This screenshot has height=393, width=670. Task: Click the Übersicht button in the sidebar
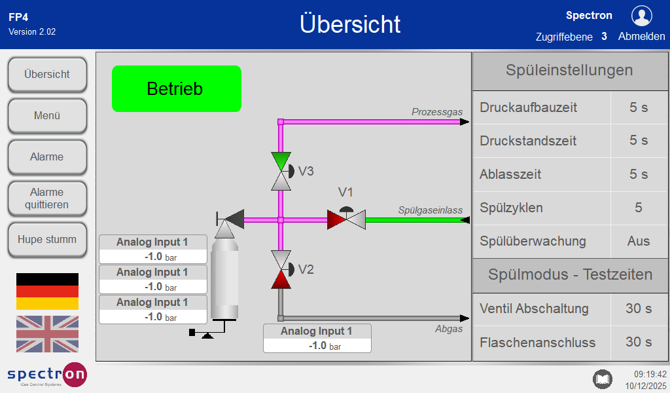pyautogui.click(x=47, y=75)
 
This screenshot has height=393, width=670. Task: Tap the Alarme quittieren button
pyautogui.click(x=47, y=198)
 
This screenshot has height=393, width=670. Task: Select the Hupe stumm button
pyautogui.click(x=47, y=240)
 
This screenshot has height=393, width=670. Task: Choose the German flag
pyautogui.click(x=47, y=291)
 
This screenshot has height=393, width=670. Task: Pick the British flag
pyautogui.click(x=47, y=334)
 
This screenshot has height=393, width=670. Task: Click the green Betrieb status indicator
pyautogui.click(x=177, y=88)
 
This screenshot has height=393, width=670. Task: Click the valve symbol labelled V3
pyautogui.click(x=281, y=171)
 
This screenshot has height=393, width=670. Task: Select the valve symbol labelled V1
pyautogui.click(x=346, y=219)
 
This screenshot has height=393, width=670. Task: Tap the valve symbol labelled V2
pyautogui.click(x=281, y=269)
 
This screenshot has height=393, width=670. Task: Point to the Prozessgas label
pyautogui.click(x=437, y=112)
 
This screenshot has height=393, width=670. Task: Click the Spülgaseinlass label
pyautogui.click(x=431, y=210)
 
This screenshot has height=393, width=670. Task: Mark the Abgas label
pyautogui.click(x=449, y=329)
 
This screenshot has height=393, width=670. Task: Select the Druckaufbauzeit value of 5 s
pyautogui.click(x=639, y=107)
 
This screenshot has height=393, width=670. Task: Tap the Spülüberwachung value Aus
pyautogui.click(x=639, y=241)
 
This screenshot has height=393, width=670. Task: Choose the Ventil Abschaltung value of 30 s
pyautogui.click(x=639, y=309)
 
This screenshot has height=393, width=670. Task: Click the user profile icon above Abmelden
pyautogui.click(x=641, y=16)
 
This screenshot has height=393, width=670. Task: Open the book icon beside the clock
pyautogui.click(x=602, y=379)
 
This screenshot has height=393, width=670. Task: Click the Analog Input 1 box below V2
pyautogui.click(x=317, y=339)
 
